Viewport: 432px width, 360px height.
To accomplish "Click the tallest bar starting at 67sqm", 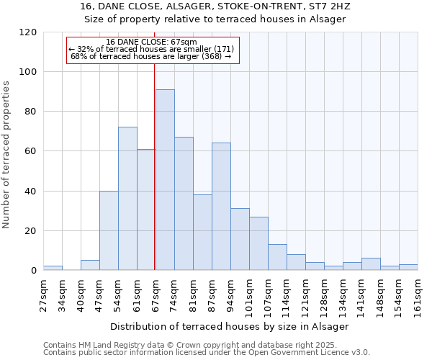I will [x=165, y=180].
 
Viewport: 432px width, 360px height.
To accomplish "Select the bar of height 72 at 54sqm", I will [x=127, y=199].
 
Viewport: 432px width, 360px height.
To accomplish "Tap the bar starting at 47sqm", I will [x=109, y=230].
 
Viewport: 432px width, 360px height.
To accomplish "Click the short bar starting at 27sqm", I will [x=53, y=269].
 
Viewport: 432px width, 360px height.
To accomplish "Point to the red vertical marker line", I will [x=155, y=166].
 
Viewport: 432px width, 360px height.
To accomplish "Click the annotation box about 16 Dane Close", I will [x=152, y=50].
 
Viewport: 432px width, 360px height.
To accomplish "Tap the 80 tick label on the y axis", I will [x=31, y=112].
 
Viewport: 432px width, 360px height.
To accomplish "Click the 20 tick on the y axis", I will [x=31, y=231].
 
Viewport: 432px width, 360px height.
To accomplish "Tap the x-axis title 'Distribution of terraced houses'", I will [x=230, y=326].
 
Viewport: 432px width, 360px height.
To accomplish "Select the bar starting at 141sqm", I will [x=371, y=264].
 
